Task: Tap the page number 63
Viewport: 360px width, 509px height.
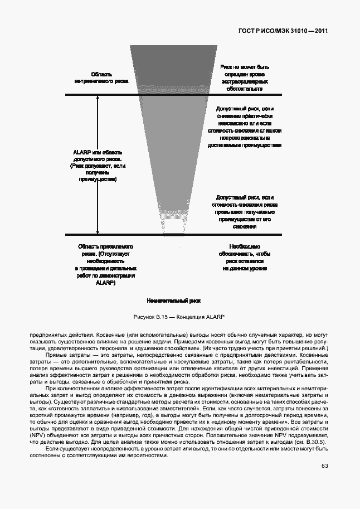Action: click(324, 482)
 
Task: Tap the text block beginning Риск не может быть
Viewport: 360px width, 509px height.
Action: click(245, 77)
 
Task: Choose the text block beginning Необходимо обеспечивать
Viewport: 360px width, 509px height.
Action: click(245, 257)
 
